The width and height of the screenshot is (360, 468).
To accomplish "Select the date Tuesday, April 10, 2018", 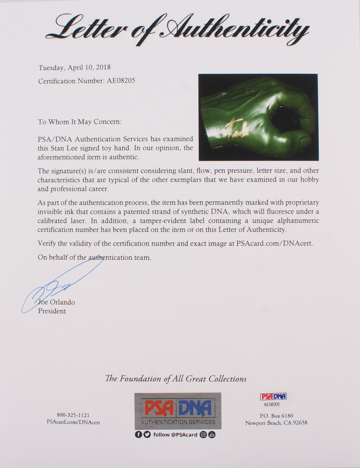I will tap(74, 67).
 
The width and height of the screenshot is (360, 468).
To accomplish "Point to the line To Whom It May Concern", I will tap(80, 122).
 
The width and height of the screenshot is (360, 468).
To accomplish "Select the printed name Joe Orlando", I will tap(59, 302).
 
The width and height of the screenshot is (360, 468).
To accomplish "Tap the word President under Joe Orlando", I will tap(52, 311).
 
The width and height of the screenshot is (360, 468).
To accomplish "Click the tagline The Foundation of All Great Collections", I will tap(176, 379).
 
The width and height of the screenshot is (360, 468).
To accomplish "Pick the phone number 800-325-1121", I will tap(73, 415).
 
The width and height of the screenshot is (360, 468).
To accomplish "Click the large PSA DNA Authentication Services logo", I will tap(178, 411).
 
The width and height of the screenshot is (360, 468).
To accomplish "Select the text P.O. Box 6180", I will tap(276, 416).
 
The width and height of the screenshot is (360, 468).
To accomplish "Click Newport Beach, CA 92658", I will tap(276, 423).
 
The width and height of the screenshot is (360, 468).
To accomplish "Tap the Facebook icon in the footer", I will tap(139, 435).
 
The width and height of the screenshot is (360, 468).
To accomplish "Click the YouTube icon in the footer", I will tap(212, 435).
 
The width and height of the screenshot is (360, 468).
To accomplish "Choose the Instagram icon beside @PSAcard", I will tap(203, 435).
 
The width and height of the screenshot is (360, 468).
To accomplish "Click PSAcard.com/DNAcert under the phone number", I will tap(73, 422).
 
